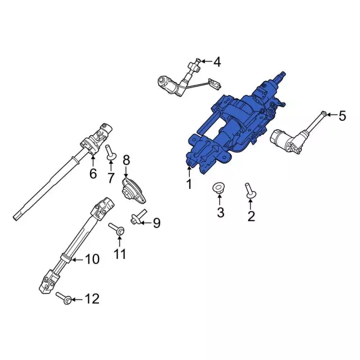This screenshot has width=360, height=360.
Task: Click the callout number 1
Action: pos(189,184)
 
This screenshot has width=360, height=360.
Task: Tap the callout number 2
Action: pos(251,216)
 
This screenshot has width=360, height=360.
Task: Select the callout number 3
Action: pos(220,213)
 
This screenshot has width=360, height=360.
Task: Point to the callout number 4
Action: pos(217,62)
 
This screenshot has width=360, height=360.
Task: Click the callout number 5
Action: pos(342,116)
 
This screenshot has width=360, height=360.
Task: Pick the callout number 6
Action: pos(93,174)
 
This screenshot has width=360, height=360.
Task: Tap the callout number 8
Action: pos(126,160)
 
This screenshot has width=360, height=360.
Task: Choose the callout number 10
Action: pos(92,259)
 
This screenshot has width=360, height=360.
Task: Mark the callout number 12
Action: pos(92,299)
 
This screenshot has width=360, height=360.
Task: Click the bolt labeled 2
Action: pos(250,191)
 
